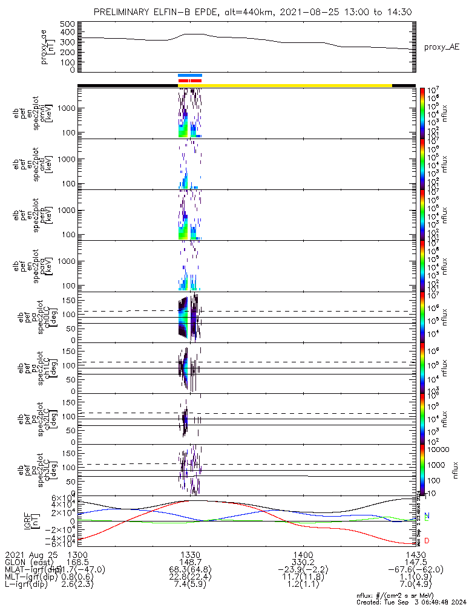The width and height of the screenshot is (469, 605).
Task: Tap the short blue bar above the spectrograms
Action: pos(190,75)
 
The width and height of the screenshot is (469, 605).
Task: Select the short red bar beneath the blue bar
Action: pos(190,80)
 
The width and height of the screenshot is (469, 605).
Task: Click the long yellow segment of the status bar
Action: pos(297,85)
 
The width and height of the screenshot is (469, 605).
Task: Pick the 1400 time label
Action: pos(303,554)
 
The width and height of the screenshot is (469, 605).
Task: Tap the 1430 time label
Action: pos(415,554)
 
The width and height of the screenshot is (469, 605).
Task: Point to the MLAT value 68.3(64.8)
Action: pos(190,570)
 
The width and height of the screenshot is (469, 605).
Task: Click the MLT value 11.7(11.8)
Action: pos(303,578)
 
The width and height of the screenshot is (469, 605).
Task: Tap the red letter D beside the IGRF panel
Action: pos(427,540)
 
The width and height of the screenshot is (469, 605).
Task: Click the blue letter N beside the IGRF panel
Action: pos(427,515)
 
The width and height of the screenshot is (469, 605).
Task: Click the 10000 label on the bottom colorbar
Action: pos(438,450)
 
